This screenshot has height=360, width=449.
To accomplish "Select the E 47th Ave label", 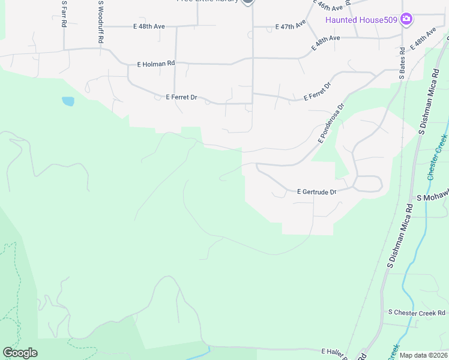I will point(291,26).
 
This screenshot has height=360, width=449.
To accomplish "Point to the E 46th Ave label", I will point(330,6).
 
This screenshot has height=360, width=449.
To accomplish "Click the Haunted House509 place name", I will point(362,20).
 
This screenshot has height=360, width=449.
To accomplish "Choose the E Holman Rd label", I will point(155,62).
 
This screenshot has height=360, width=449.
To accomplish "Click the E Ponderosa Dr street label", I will point(332,123).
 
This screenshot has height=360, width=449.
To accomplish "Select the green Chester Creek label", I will point(438,157).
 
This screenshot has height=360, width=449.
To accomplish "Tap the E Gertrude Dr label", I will point(316,192).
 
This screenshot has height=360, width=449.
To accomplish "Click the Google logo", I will point(20,353).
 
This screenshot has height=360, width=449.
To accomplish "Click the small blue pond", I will point(68,101).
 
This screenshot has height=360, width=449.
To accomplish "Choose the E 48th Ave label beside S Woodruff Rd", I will point(149,26).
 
